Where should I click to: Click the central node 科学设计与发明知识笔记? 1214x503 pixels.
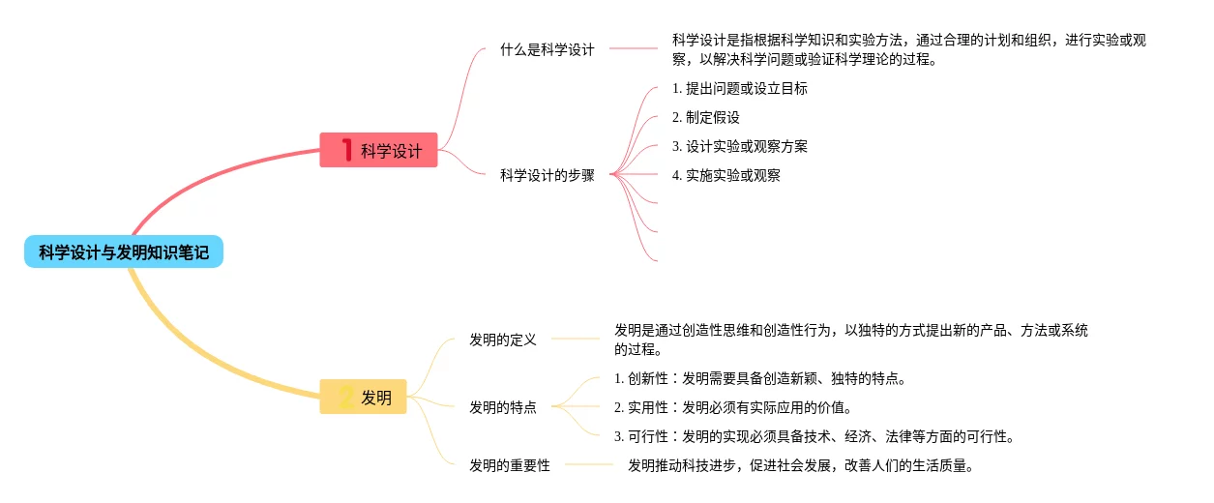pos(124,252)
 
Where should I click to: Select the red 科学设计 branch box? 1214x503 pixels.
pos(378,150)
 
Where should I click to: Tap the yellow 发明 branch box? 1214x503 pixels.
pos(363,397)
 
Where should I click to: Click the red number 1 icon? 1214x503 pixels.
pos(345,150)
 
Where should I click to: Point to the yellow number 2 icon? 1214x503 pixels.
pos(345,397)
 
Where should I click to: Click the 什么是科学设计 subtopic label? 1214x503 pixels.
pos(547,49)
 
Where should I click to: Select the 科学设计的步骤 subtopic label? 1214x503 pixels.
pos(547,175)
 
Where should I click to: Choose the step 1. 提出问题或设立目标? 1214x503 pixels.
pos(739,88)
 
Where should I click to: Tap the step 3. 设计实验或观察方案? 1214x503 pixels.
pos(739,146)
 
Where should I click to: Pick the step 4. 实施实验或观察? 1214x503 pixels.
pos(725,175)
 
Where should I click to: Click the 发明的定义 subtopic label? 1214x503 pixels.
pos(502,340)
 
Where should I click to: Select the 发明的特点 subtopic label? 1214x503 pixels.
pos(502,407)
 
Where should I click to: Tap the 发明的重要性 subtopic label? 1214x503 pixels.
pos(509,465)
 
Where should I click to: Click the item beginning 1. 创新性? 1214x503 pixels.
pos(759,378)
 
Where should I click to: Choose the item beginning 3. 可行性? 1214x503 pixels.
pos(814,436)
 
